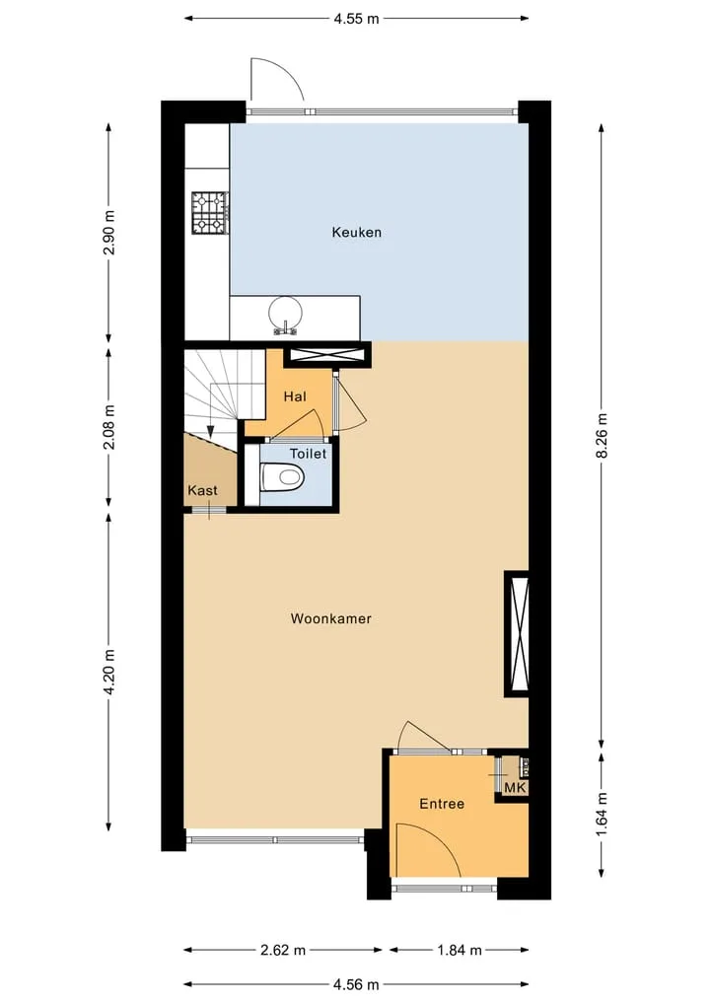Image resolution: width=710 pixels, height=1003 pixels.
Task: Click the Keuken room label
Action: tap(356, 232)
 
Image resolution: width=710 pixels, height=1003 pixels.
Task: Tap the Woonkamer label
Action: tap(330, 618)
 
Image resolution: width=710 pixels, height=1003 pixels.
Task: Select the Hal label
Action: tap(295, 396)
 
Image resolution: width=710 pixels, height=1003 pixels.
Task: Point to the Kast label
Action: tap(202, 490)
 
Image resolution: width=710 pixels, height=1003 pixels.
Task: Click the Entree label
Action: tap(442, 804)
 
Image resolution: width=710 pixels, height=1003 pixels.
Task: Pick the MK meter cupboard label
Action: tap(515, 787)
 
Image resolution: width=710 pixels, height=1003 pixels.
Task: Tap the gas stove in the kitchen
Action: tap(210, 213)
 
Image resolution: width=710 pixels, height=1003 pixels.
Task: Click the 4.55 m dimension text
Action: tap(356, 19)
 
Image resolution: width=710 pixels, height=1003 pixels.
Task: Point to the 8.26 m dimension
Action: tap(602, 436)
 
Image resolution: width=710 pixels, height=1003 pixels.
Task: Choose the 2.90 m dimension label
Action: tap(109, 232)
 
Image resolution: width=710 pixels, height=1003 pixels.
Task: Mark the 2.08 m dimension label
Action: tap(109, 427)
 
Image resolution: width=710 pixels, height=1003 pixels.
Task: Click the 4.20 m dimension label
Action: tap(109, 672)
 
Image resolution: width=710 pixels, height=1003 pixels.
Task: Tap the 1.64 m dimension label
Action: tap(602, 815)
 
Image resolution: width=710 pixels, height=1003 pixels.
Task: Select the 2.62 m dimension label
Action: tap(283, 950)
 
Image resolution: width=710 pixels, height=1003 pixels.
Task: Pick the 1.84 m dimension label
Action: tap(460, 950)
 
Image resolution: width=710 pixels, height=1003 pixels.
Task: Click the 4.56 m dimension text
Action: tap(356, 984)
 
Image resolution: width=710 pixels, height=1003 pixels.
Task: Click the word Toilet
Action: tap(309, 454)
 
